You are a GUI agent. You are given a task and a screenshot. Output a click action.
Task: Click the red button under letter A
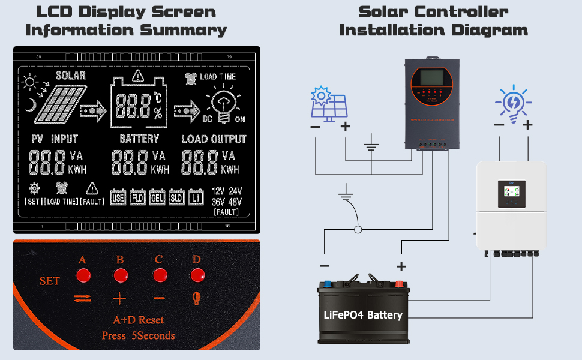(x=82, y=275)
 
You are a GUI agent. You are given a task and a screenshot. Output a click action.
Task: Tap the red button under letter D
(x=197, y=275)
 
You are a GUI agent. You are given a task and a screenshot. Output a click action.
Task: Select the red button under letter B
(x=121, y=275)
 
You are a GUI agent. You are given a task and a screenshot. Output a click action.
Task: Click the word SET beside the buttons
(x=49, y=281)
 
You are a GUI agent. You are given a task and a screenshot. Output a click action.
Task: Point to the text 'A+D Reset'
(x=138, y=320)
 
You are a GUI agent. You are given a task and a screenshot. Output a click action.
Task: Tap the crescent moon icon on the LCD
(x=31, y=107)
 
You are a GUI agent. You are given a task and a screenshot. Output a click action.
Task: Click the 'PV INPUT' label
(x=55, y=139)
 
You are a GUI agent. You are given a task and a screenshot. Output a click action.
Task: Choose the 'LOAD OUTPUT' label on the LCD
(x=214, y=139)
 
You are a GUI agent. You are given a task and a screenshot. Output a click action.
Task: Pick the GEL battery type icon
(x=157, y=197)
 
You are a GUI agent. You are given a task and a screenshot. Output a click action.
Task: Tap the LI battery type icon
(x=196, y=197)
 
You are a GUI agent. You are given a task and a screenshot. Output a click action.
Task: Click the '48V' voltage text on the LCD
(x=235, y=202)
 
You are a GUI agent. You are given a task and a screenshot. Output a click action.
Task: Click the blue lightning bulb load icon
(x=513, y=104)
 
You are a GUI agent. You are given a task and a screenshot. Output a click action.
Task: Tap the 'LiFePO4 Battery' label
(x=364, y=315)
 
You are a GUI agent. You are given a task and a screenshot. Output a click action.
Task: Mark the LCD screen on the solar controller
(x=431, y=77)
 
